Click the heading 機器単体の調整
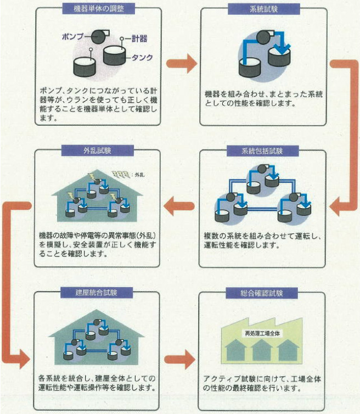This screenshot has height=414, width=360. [x=97, y=9]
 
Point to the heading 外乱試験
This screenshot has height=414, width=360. [x=97, y=150]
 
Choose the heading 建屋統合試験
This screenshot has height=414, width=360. [x=97, y=292]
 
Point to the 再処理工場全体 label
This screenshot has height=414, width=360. [x=262, y=333]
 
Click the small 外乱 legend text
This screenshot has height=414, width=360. [x=139, y=175]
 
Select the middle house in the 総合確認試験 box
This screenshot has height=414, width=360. [x=262, y=351]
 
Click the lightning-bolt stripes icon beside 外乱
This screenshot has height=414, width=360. [x=121, y=174]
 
